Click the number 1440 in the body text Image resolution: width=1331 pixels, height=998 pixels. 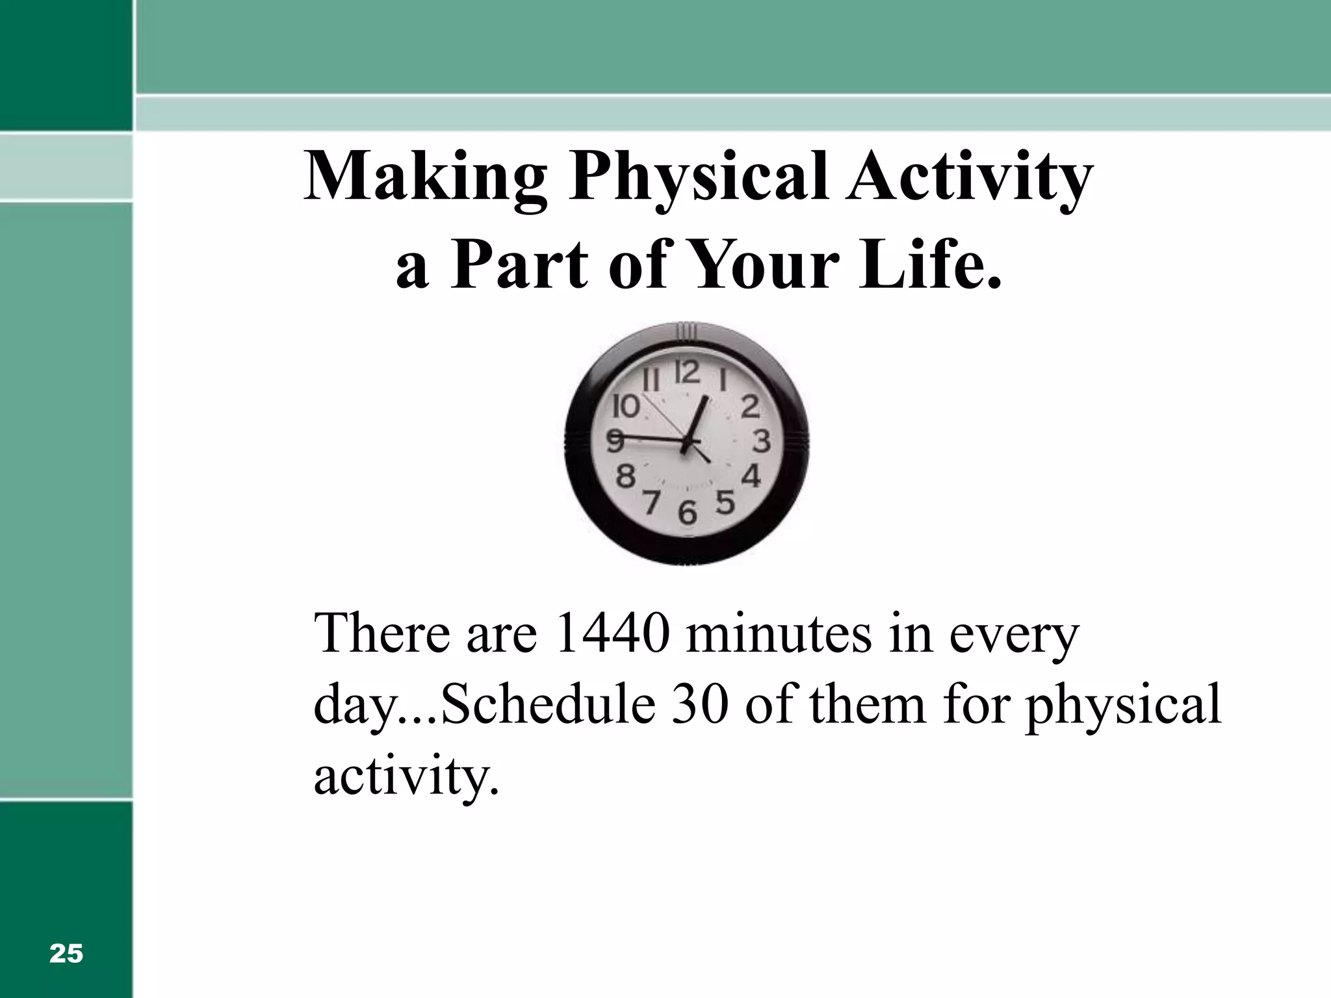coord(612,633)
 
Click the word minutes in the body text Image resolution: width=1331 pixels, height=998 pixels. coord(779,633)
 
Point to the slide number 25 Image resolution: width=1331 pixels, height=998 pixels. coord(66,954)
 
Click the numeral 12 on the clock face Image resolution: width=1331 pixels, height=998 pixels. coord(688,373)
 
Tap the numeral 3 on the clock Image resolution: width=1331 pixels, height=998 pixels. coord(762,441)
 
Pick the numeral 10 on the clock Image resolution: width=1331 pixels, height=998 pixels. coord(627,407)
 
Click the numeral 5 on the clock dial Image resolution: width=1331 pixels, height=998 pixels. coord(725,502)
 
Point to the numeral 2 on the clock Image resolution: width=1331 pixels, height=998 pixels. coord(750,407)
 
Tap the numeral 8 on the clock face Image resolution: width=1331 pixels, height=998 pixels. coord(625,476)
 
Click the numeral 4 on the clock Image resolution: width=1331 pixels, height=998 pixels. coord(751,476)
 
